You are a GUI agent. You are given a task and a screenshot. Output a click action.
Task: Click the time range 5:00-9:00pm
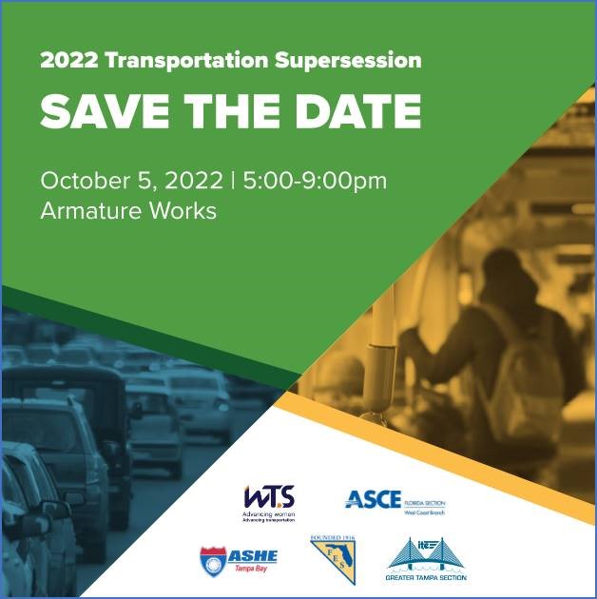click(315, 181)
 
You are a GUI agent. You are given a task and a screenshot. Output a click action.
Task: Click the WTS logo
click(269, 497)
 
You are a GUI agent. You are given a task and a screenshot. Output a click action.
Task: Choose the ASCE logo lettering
click(373, 499)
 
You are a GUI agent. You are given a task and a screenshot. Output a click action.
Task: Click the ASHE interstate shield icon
click(214, 559)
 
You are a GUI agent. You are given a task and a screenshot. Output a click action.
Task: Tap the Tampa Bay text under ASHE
click(251, 569)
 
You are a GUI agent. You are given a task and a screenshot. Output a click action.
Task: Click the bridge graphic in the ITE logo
click(424, 551)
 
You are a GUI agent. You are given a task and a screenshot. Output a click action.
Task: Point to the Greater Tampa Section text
click(425, 577)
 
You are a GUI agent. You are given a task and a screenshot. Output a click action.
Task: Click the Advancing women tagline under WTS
click(268, 514)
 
